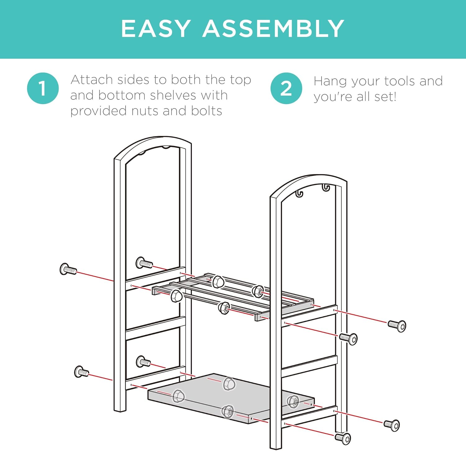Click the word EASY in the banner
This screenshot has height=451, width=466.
[156, 29]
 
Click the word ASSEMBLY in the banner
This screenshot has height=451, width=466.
[273, 29]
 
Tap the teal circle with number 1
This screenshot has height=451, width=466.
[43, 88]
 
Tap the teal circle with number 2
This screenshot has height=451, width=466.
[286, 88]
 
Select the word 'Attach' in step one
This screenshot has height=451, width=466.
[92, 80]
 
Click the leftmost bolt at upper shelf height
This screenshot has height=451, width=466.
[68, 269]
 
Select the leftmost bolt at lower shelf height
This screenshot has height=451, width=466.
[82, 372]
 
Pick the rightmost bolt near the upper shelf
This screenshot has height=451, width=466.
[397, 326]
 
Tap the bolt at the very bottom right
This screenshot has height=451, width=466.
[343, 438]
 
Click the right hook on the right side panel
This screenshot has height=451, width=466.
[326, 188]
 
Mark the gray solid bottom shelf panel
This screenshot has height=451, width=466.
[231, 398]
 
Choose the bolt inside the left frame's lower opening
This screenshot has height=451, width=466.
[143, 362]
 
